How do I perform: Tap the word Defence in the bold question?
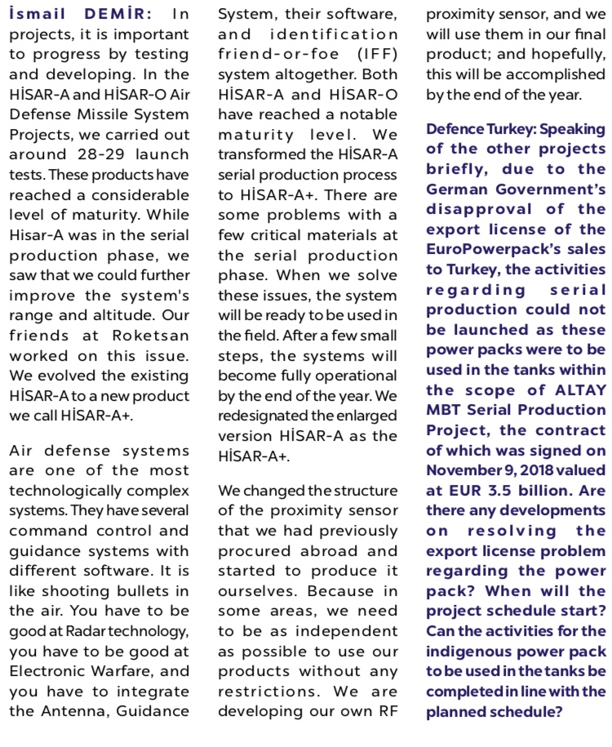(455, 129)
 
